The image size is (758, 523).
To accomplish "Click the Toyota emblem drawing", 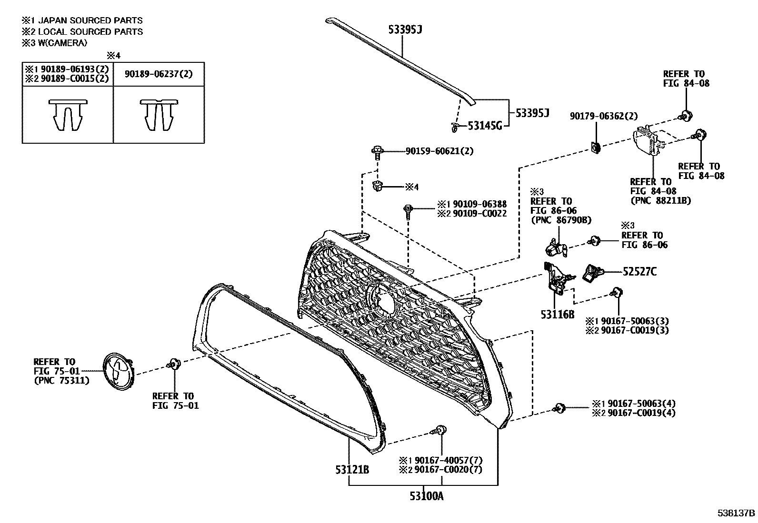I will coord(117,369).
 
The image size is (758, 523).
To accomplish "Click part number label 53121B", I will coord(352,470).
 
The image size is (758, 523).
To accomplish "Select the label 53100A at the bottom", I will coord(426,496).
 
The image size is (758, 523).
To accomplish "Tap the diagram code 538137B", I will coord(737,513).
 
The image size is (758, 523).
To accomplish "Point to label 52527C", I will coord(639,272).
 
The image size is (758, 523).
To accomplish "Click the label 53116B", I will coord(557,315).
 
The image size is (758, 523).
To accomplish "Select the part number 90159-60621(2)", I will coord(439,151).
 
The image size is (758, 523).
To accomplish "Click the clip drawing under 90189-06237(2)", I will coord(159,116).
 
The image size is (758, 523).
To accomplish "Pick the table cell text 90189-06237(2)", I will coord(159,74).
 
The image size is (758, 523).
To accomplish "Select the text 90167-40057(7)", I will coord(448,460).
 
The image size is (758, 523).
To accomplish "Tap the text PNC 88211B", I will coord(660,200).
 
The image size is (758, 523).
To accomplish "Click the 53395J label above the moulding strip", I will coord(405,30).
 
